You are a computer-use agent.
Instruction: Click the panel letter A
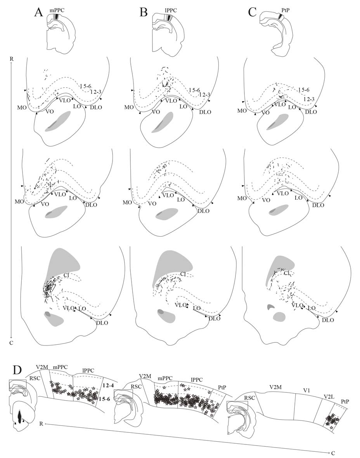pos(38,12)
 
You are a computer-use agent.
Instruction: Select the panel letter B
pos(144,12)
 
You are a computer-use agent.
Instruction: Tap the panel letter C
pos(252,12)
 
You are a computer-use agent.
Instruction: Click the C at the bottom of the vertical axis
pos(12,343)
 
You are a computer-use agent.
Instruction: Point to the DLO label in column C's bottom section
pos(328,320)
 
